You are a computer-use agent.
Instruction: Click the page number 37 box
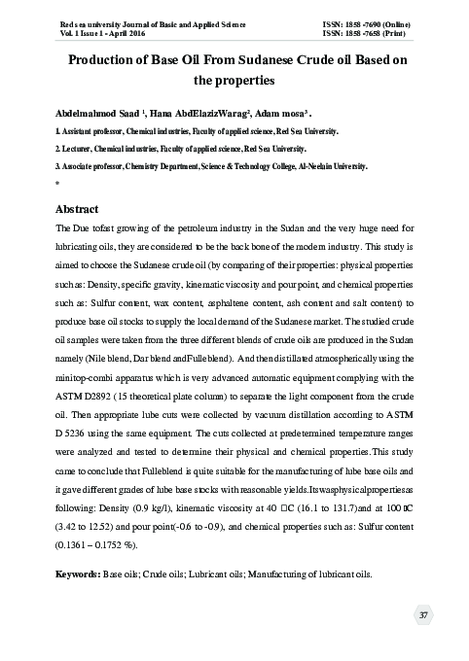tap(423, 615)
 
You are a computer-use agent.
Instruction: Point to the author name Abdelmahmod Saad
tap(91, 112)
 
